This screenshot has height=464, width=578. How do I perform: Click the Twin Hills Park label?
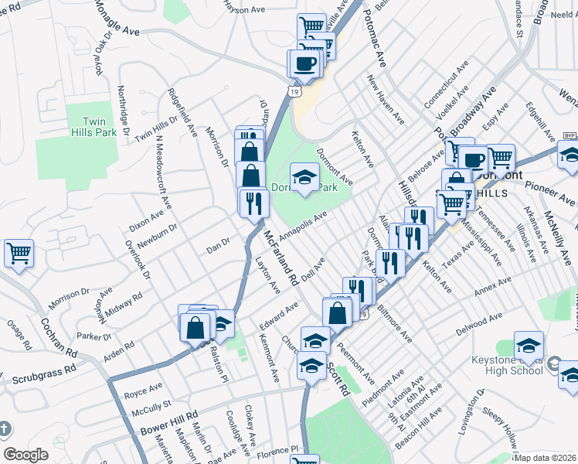99,127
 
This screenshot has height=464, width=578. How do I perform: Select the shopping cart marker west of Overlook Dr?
19,253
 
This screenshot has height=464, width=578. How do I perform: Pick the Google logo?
25,455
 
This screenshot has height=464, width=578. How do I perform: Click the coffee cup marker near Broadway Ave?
474,161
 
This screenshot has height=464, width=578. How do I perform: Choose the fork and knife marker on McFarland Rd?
253,203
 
